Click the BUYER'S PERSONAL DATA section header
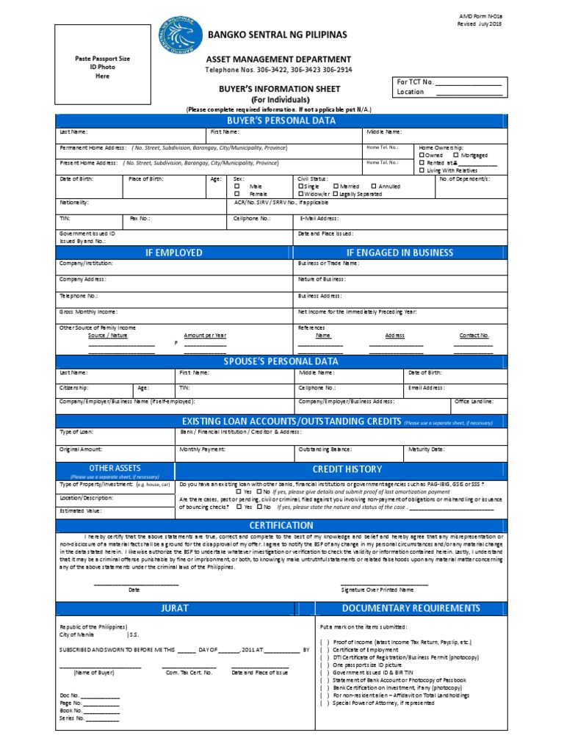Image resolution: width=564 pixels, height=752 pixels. [x=281, y=120]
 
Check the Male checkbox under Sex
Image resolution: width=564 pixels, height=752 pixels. [x=238, y=187]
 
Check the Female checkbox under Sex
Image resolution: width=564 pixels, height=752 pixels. [x=238, y=195]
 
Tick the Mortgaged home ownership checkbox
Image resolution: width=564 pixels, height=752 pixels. [x=456, y=155]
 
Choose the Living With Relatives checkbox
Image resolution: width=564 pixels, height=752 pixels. [x=422, y=170]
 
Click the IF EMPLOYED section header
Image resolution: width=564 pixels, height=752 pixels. [x=173, y=253]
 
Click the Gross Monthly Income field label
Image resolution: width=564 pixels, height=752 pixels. [x=88, y=311]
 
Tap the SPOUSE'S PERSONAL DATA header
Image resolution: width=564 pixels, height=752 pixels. [x=281, y=361]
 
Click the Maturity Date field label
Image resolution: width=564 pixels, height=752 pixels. [x=426, y=449]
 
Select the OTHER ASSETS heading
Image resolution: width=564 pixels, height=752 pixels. [x=115, y=468]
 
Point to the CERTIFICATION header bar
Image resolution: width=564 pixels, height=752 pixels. [x=281, y=525]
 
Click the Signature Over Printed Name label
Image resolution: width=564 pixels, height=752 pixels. [x=377, y=590]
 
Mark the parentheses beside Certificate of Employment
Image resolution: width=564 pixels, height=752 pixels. [x=324, y=649]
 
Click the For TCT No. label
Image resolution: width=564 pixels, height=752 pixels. [x=416, y=82]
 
